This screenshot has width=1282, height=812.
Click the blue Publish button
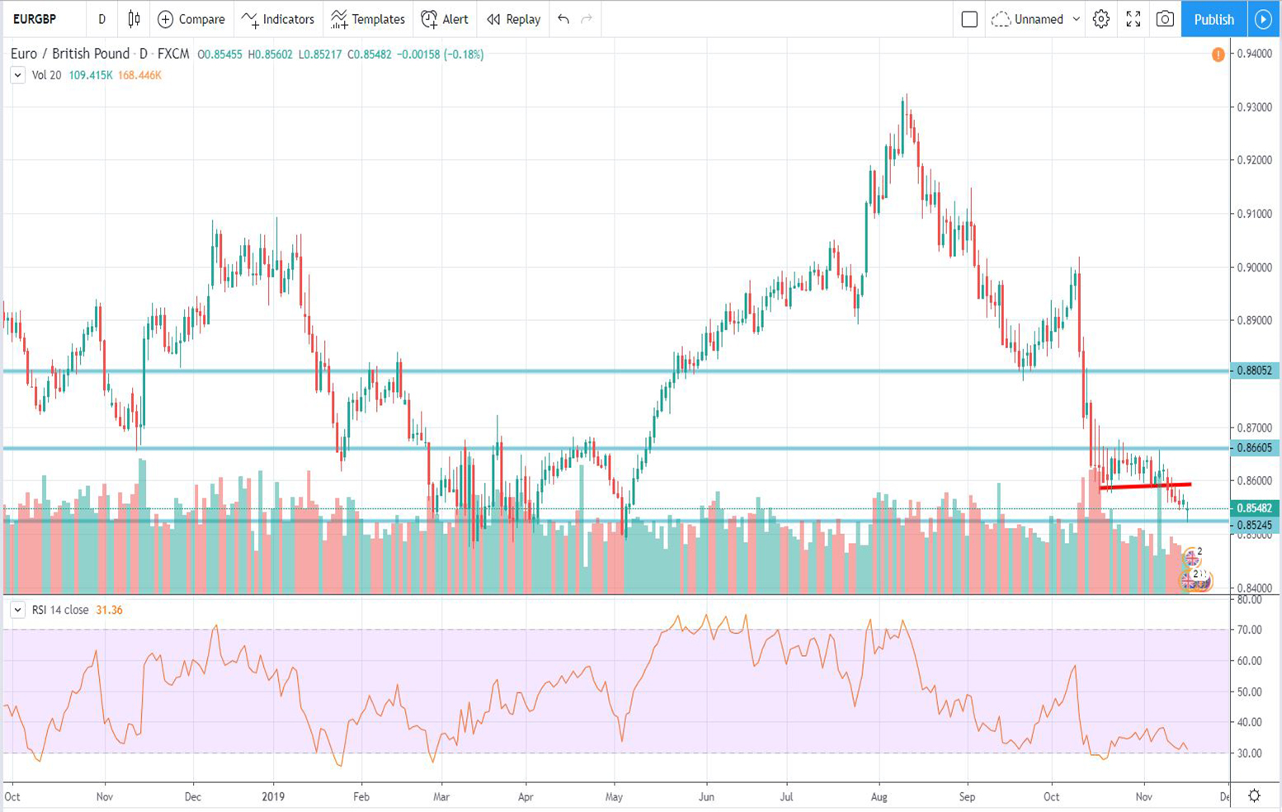click(1214, 19)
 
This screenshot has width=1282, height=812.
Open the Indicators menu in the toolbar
click(278, 19)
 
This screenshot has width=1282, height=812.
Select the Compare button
click(191, 19)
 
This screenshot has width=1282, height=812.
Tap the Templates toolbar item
click(368, 19)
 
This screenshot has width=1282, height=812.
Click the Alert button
click(445, 19)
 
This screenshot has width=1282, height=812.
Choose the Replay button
click(513, 19)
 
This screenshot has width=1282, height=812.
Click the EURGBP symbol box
click(35, 19)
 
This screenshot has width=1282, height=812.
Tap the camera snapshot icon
click(1165, 19)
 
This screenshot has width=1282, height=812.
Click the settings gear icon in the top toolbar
click(1101, 19)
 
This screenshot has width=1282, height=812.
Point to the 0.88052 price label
click(1254, 371)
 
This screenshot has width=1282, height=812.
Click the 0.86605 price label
click(1254, 448)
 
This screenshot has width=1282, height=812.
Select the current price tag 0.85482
click(1254, 508)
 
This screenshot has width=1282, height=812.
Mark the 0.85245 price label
click(1254, 525)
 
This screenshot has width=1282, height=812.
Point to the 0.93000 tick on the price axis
click(1254, 107)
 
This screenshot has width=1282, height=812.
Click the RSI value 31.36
click(109, 610)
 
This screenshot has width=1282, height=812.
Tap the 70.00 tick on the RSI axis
click(1250, 630)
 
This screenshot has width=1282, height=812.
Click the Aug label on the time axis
click(879, 797)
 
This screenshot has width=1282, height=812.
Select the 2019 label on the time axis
click(273, 797)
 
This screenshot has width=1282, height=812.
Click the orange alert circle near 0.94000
click(1218, 54)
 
